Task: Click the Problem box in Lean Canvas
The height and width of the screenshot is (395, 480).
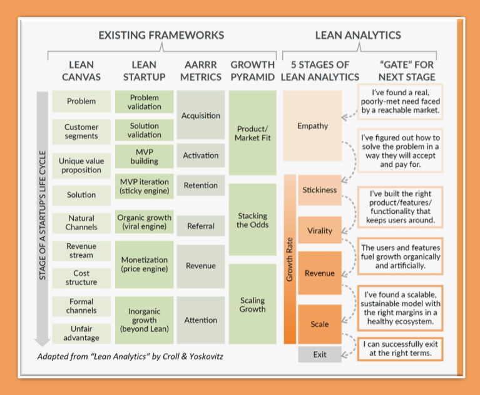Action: click(81, 101)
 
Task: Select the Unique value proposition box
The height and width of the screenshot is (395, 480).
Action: click(81, 166)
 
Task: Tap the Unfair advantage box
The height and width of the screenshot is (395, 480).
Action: click(81, 334)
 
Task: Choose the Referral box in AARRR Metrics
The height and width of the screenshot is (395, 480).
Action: click(200, 226)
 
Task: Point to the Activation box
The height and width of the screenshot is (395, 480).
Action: click(200, 155)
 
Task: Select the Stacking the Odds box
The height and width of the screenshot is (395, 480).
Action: click(252, 220)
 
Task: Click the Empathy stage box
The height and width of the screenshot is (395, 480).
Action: click(312, 126)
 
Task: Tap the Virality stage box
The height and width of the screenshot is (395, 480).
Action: click(320, 231)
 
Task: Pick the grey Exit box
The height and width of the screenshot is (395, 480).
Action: click(320, 355)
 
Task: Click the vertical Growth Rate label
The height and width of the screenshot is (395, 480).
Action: click(290, 258)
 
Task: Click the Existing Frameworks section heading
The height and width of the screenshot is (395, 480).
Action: click(161, 35)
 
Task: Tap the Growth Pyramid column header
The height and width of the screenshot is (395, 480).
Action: click(252, 70)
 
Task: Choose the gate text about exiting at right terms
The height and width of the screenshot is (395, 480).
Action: click(401, 349)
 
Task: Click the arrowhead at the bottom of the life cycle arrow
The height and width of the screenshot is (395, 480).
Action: click(43, 342)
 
